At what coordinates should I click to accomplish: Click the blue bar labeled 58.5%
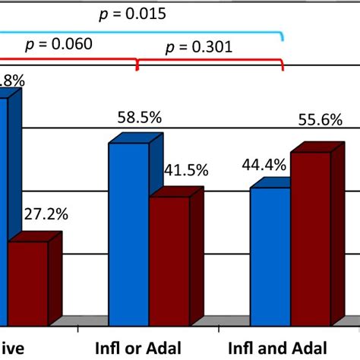128,228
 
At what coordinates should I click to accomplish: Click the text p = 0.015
135,14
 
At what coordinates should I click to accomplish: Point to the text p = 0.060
60,43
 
